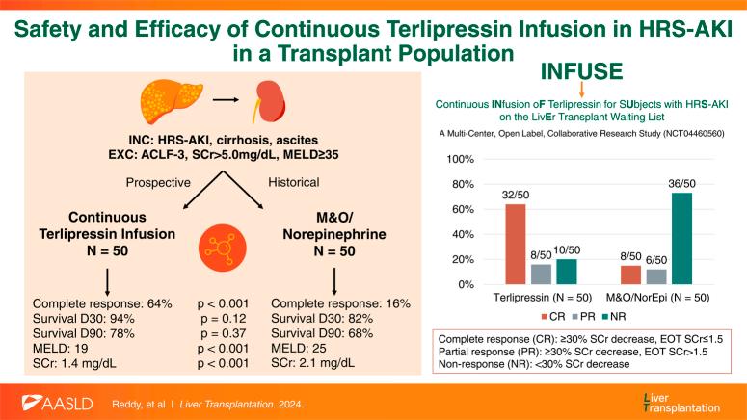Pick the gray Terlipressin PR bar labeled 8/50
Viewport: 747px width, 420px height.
pos(542,274)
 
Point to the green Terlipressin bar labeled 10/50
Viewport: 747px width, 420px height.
pos(566,272)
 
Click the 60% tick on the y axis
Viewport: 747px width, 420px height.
pos(463,209)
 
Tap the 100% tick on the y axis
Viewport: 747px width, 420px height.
pos(461,158)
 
